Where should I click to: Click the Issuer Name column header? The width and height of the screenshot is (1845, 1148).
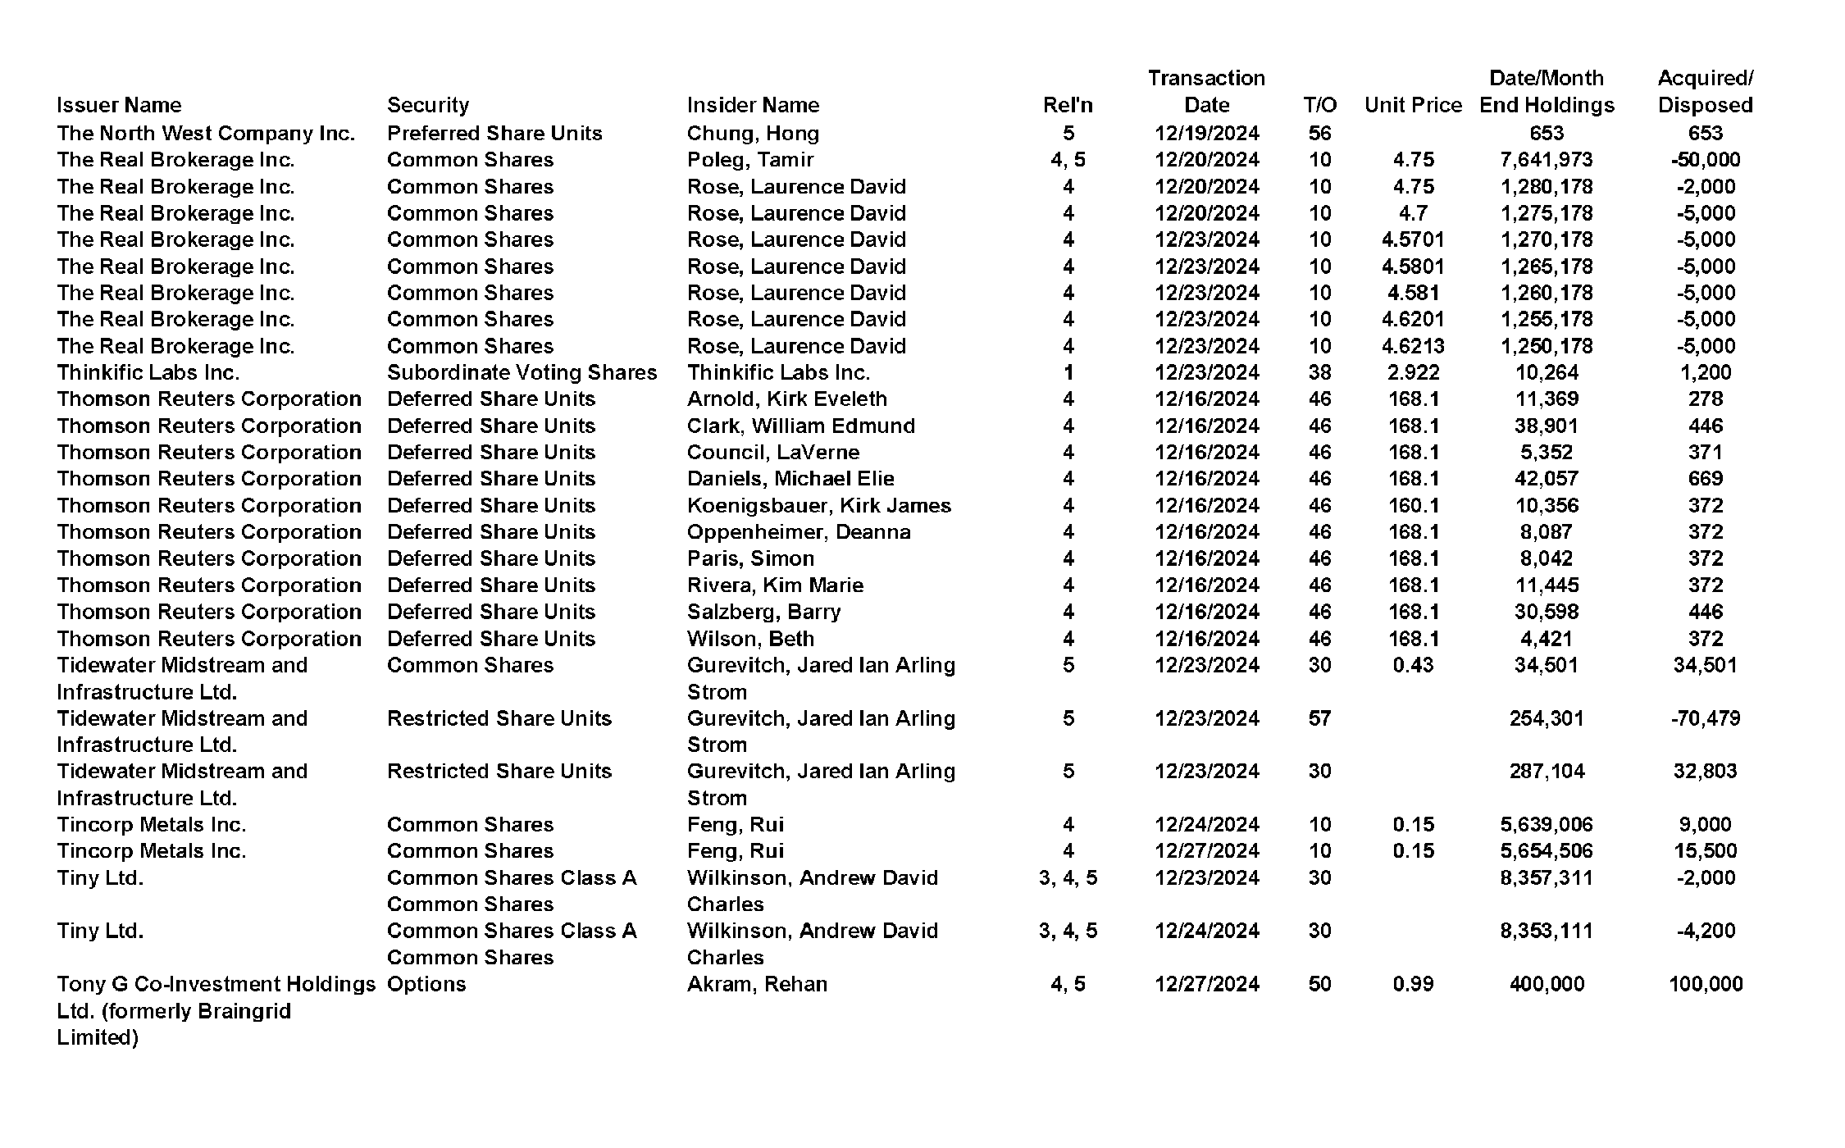pyautogui.click(x=119, y=105)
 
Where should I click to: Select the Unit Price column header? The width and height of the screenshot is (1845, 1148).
pyautogui.click(x=1413, y=105)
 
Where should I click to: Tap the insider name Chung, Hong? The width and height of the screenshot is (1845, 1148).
pyautogui.click(x=753, y=133)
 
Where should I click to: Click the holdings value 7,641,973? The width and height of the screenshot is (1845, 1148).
pyautogui.click(x=1546, y=160)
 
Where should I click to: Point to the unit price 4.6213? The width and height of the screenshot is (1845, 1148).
pyautogui.click(x=1413, y=346)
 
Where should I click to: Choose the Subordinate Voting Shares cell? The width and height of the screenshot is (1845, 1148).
pyautogui.click(x=522, y=372)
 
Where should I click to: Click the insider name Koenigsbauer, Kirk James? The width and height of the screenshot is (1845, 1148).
pyautogui.click(x=818, y=505)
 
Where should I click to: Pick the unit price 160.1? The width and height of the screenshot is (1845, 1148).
pyautogui.click(x=1413, y=505)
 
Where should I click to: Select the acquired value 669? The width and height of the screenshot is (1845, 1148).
pyautogui.click(x=1705, y=479)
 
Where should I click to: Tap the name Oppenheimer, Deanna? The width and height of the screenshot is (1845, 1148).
pyautogui.click(x=799, y=532)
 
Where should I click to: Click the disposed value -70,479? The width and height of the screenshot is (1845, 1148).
pyautogui.click(x=1705, y=718)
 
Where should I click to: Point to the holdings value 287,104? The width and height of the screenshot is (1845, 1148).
pyautogui.click(x=1546, y=771)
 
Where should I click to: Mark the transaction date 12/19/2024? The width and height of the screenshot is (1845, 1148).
pyautogui.click(x=1206, y=133)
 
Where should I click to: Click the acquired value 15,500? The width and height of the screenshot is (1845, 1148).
pyautogui.click(x=1705, y=851)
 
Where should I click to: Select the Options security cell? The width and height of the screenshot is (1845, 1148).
pyautogui.click(x=426, y=984)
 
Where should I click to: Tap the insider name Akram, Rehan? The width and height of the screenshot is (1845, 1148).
pyautogui.click(x=757, y=984)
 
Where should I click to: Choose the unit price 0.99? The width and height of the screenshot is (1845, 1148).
pyautogui.click(x=1413, y=984)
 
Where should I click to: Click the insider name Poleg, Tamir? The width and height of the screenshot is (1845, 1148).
pyautogui.click(x=750, y=160)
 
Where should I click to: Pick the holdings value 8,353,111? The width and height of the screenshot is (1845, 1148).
pyautogui.click(x=1546, y=931)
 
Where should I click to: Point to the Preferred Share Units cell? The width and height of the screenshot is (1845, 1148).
pyautogui.click(x=494, y=133)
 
